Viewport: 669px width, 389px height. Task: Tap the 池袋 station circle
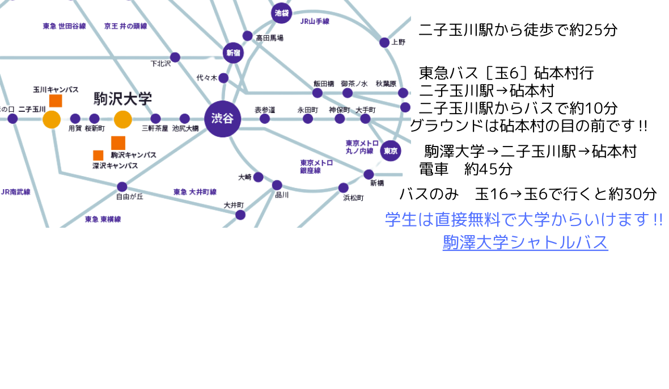click(x=281, y=12)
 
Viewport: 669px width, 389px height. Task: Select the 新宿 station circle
click(x=233, y=52)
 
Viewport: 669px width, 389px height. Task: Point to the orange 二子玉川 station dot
click(x=52, y=119)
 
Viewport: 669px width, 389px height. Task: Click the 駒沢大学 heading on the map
click(x=122, y=99)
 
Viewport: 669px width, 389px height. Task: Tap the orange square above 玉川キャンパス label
click(x=56, y=101)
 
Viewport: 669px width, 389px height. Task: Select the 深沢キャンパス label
click(x=115, y=166)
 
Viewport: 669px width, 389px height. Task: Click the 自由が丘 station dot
click(x=122, y=187)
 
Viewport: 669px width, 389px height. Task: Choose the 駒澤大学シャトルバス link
click(x=525, y=242)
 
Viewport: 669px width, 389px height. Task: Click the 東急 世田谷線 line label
click(x=64, y=26)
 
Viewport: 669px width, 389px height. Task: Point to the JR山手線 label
click(x=315, y=21)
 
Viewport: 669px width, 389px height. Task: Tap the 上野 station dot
click(x=384, y=42)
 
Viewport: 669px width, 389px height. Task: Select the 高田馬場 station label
click(x=269, y=38)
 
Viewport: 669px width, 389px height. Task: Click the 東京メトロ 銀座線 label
click(x=316, y=166)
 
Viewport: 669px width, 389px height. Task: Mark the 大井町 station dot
click(x=240, y=215)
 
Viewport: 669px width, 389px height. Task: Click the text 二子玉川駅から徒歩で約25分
click(x=518, y=30)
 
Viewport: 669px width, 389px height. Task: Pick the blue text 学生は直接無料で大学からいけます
click(x=523, y=219)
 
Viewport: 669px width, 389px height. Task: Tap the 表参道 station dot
click(x=265, y=119)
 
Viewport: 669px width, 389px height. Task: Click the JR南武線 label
click(x=15, y=192)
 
